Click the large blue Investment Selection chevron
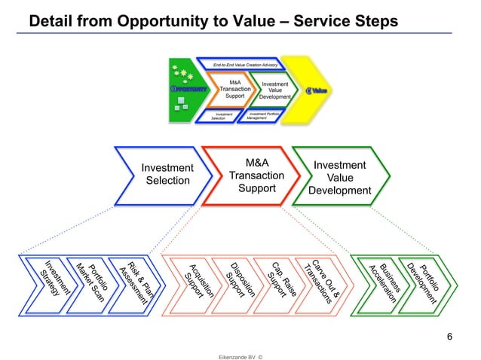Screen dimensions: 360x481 coord(167,174)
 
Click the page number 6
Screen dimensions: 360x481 coord(449,336)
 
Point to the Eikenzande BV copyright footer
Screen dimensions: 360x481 coord(240,351)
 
